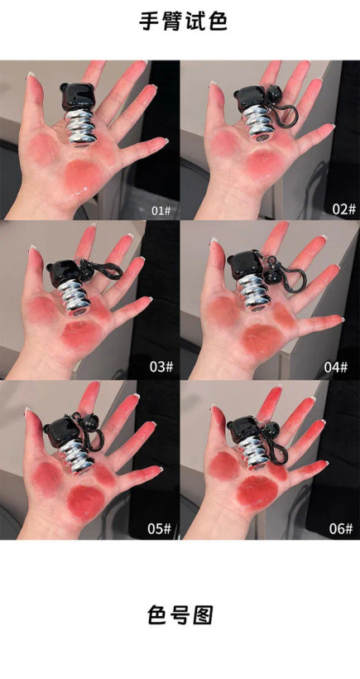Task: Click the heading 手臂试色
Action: pyautogui.click(x=183, y=22)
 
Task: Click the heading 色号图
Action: pyautogui.click(x=180, y=614)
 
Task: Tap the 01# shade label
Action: pyautogui.click(x=161, y=211)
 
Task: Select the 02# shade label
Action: pyautogui.click(x=343, y=209)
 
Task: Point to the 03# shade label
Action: pyautogui.click(x=161, y=366)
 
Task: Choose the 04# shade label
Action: pyautogui.click(x=336, y=367)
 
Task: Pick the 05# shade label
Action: pyautogui.click(x=160, y=528)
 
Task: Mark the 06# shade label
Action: pyautogui.click(x=340, y=528)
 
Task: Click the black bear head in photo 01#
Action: pyautogui.click(x=78, y=96)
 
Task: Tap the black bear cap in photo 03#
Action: pyautogui.click(x=62, y=272)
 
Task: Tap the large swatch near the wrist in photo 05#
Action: pyautogui.click(x=86, y=502)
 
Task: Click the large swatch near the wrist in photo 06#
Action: pyautogui.click(x=258, y=492)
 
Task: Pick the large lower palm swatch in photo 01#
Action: pyautogui.click(x=83, y=175)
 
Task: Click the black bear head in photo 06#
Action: pyautogui.click(x=244, y=429)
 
